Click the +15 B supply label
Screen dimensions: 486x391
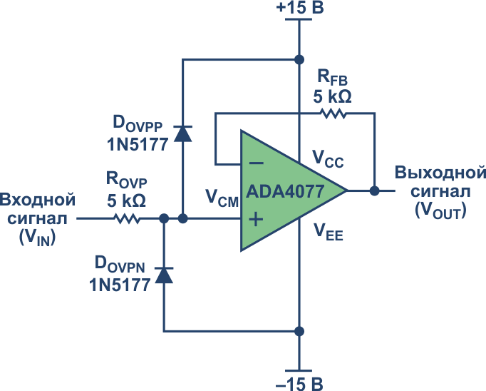pos(300,7)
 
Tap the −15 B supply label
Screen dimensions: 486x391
pos(299,384)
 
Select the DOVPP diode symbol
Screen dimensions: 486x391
pos(183,133)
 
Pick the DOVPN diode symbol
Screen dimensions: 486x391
pos(164,275)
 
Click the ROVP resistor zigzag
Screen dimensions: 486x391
pos(128,218)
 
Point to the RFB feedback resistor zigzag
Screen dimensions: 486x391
pos(334,113)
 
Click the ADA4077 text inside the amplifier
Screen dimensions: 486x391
pos(285,191)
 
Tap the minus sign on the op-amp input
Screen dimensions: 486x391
pos(257,163)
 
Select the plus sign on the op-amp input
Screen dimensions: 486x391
pos(256,219)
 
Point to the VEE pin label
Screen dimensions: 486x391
pos(329,232)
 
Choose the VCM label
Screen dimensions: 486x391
pos(222,198)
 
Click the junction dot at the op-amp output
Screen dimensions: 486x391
pos(374,191)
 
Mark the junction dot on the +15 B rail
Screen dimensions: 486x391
pos(299,59)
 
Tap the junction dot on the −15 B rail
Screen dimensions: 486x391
pos(299,331)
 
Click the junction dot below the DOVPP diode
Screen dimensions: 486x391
pos(183,218)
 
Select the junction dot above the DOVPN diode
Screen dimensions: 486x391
pos(164,218)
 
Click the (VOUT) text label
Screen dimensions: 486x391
pos(440,210)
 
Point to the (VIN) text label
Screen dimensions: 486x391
pos(37,238)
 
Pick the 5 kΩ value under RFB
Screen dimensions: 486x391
pos(332,96)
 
